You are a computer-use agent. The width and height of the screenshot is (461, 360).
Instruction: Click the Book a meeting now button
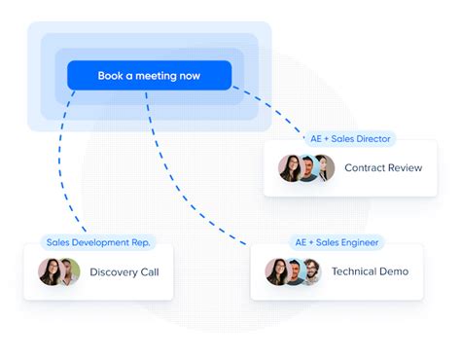pos(150,75)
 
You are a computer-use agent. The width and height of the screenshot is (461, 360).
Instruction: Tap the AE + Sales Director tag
pos(350,139)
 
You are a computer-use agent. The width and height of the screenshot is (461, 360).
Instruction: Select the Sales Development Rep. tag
pos(98,242)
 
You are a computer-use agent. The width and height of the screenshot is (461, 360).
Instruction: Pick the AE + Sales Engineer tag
pos(337,242)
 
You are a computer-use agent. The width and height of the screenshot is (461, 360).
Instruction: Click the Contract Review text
pos(383,167)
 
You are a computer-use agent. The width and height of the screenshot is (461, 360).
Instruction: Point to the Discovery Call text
pos(124,271)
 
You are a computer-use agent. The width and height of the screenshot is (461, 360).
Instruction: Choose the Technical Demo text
pos(370,271)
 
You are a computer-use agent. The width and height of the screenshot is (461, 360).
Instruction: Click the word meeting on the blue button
pos(156,76)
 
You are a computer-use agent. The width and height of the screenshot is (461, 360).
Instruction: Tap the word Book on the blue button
pos(110,76)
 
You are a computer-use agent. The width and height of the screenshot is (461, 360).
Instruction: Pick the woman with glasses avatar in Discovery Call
pos(50,271)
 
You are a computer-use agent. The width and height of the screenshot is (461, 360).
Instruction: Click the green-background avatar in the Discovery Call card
pos(70,271)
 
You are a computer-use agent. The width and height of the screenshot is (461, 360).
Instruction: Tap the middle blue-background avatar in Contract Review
pos(307,168)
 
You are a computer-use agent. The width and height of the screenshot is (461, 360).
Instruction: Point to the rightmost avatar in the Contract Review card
pos(325,168)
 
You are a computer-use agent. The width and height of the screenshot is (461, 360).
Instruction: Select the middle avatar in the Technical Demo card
pos(295,271)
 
